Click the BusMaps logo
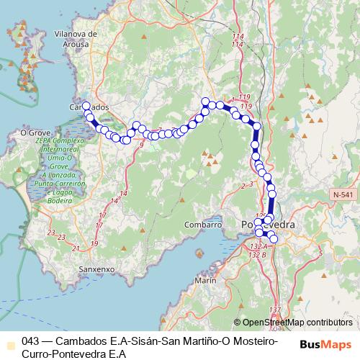click(325, 344)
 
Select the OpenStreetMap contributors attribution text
click(297, 323)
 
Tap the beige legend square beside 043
click(9, 343)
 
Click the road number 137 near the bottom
click(274, 310)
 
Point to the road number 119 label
click(244, 96)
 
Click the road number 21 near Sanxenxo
click(76, 248)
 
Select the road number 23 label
click(50, 232)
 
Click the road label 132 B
click(258, 254)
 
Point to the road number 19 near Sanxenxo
click(94, 244)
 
